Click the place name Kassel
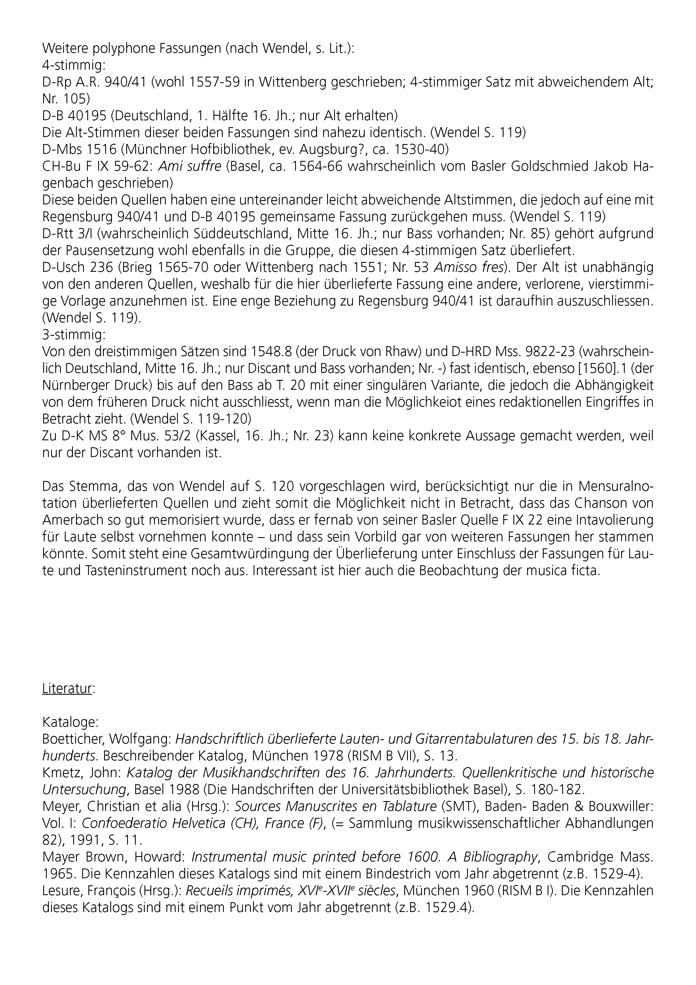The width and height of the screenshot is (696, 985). [x=216, y=436]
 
